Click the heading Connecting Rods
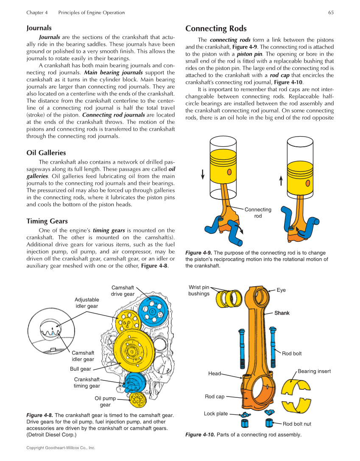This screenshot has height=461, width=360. [x=216, y=29]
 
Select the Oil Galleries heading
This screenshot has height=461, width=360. [x=46, y=153]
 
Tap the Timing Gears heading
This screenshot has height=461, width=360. [x=47, y=221]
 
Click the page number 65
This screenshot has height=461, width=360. [x=331, y=13]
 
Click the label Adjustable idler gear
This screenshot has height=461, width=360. [x=87, y=303]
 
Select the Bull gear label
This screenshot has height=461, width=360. [x=80, y=369]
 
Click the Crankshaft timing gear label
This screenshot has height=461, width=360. [x=87, y=383]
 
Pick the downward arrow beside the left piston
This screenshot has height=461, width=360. [x=203, y=174]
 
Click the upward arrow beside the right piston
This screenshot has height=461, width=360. [x=281, y=181]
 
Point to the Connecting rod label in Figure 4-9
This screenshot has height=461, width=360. [x=258, y=213]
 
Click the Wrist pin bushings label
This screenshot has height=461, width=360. [x=199, y=291]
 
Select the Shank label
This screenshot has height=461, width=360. [x=282, y=313]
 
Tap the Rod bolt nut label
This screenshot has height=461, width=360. [x=297, y=424]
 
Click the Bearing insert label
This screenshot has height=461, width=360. [x=314, y=372]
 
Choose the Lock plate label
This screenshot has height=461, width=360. [x=216, y=414]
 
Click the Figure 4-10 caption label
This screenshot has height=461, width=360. [x=200, y=435]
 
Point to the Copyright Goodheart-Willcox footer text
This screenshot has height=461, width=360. [x=61, y=448]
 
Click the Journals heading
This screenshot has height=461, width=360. [x=39, y=28]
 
